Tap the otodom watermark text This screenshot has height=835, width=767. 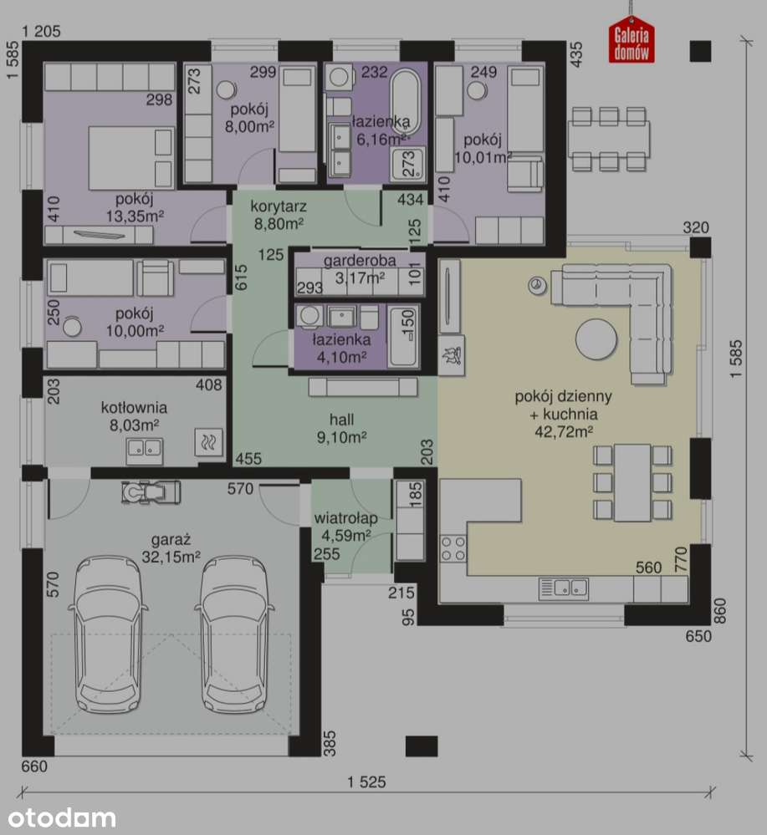coord(58,817)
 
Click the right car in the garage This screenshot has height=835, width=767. coord(234,634)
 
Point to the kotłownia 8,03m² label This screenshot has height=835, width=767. coord(134,415)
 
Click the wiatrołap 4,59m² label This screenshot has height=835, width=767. coord(345,526)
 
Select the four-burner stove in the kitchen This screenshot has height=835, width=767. coord(453,548)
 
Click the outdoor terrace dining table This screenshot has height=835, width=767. coord(609,137)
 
